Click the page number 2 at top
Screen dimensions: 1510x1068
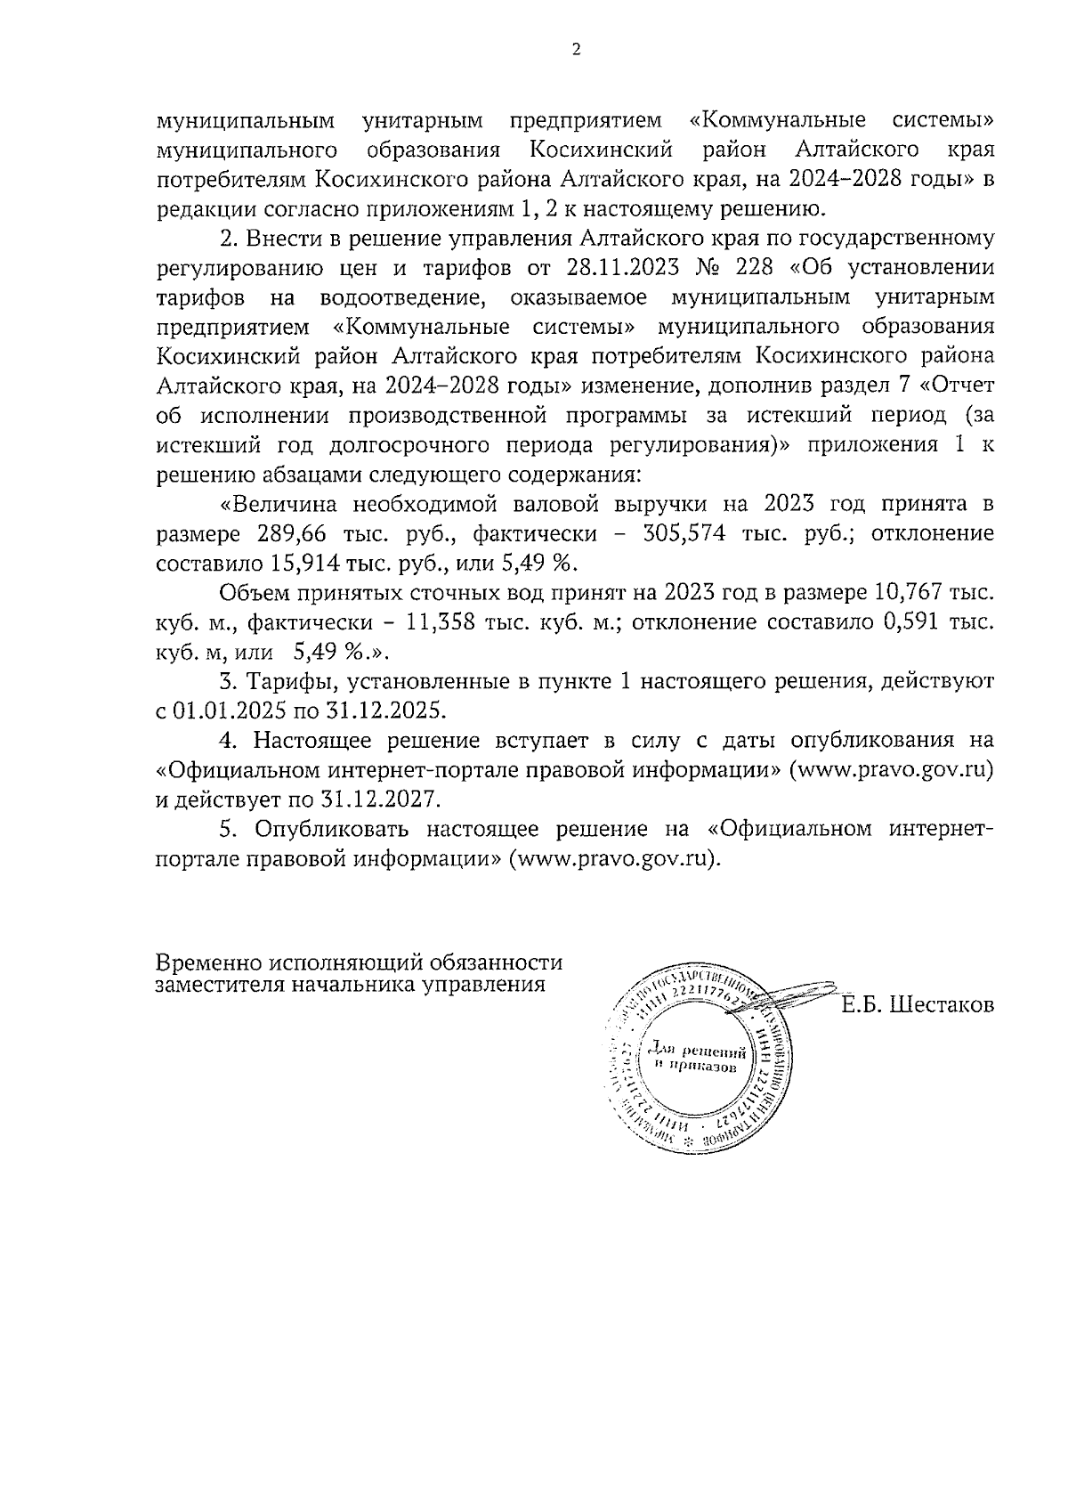pyautogui.click(x=576, y=50)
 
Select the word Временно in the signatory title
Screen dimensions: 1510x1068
pyautogui.click(x=208, y=963)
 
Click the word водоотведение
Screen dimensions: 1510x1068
pyautogui.click(x=402, y=297)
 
